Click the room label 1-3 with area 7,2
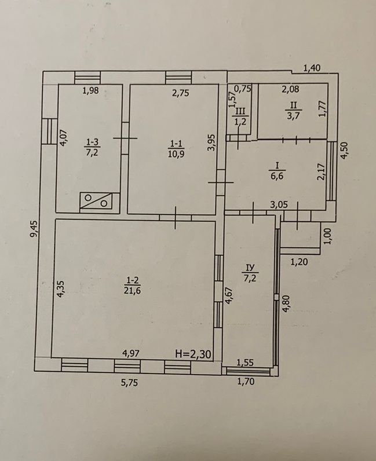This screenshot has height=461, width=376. (92, 148)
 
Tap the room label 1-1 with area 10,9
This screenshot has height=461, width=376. (176, 148)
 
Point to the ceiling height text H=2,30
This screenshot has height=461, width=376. (194, 354)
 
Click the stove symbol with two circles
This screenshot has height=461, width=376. (96, 201)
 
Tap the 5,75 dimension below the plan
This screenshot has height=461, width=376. (130, 383)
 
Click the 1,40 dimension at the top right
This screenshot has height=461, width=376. (312, 68)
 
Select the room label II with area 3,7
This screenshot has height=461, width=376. (293, 110)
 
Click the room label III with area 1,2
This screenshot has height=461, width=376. (240, 116)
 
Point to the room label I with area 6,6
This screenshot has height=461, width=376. (276, 171)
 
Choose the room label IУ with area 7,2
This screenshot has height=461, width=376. (250, 272)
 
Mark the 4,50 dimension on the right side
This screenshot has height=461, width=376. (345, 151)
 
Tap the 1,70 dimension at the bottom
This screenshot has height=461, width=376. (246, 382)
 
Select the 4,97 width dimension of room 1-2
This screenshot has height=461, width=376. (131, 354)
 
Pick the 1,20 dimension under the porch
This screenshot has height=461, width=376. (299, 261)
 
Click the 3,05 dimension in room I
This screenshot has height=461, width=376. (279, 204)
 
